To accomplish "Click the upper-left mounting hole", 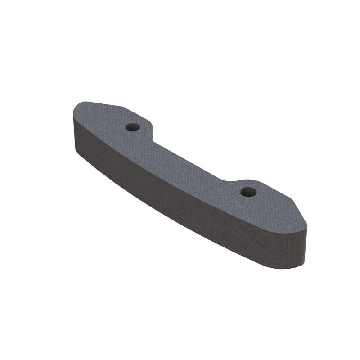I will click(132, 127).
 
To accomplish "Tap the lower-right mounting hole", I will click(248, 192).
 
